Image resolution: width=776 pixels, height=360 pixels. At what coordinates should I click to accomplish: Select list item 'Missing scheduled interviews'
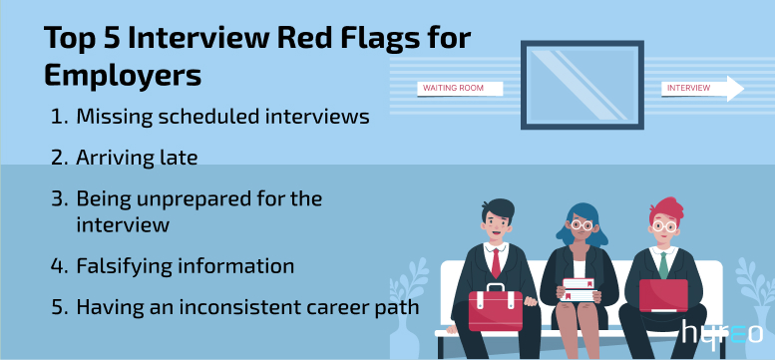coord(223,117)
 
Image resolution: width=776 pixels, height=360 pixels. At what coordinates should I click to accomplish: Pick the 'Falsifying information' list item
coord(185,266)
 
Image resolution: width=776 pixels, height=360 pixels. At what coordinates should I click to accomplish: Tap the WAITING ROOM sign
coord(459,88)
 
